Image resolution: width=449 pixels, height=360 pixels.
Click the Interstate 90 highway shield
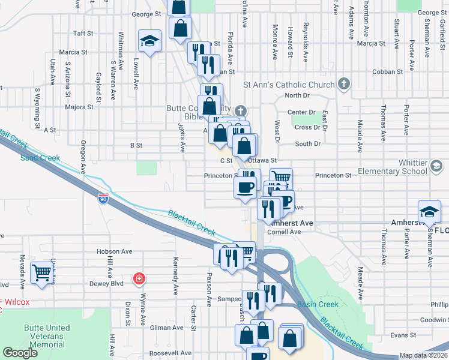click(104, 199)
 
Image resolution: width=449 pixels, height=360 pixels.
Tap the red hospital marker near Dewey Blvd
click(139, 278)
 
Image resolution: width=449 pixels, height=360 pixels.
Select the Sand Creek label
click(41, 158)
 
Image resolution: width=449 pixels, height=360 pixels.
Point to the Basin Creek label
click(318, 304)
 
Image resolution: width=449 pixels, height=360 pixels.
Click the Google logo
click(20, 353)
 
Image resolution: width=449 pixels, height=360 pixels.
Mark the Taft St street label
click(83, 34)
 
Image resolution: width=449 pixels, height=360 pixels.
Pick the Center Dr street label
click(301, 112)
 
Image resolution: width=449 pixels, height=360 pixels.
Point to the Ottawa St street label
click(262, 161)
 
